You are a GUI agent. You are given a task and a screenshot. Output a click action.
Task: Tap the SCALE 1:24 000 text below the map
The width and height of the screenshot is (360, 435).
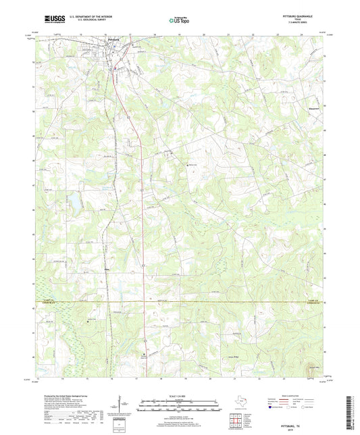coord(180,395)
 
